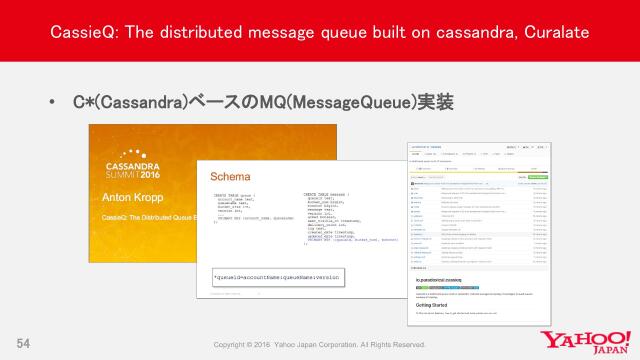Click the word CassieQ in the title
(82, 34)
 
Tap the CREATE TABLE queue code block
(244, 203)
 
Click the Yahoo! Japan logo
(583, 340)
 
